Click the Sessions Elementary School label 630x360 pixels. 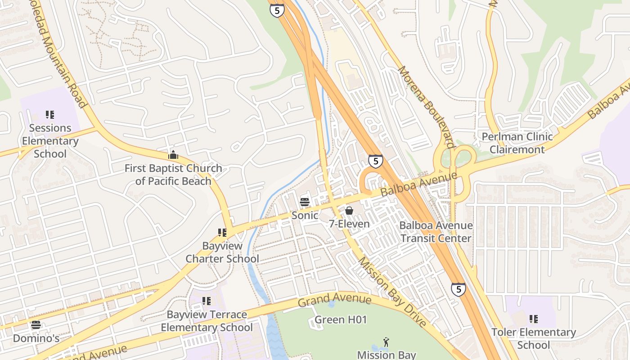(x=50, y=141)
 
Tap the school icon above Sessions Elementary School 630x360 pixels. (x=49, y=115)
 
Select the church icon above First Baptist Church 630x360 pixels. (x=173, y=155)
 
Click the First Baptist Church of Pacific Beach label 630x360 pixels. (x=173, y=175)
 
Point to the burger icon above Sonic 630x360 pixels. (x=305, y=202)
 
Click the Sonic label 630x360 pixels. (x=305, y=216)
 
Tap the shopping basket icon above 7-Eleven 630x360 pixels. (x=349, y=210)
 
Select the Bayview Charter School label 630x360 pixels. (x=222, y=252)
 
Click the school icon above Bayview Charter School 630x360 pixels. (x=222, y=233)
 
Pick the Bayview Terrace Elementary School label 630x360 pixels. (x=207, y=321)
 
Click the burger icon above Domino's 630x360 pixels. (x=36, y=325)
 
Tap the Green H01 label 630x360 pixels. (x=341, y=320)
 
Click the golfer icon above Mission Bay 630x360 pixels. (x=386, y=342)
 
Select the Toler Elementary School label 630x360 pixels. (x=533, y=338)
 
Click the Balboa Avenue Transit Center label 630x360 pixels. (x=436, y=232)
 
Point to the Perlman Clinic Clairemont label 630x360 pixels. (x=517, y=143)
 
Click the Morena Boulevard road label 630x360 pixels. (x=425, y=107)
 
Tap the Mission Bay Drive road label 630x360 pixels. (x=392, y=292)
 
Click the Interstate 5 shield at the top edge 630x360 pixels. (x=277, y=10)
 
